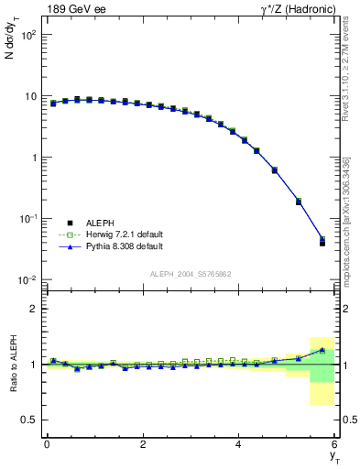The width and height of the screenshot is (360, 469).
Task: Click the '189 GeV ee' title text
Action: click(71, 8)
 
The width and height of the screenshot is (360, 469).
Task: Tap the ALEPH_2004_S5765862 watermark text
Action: click(190, 274)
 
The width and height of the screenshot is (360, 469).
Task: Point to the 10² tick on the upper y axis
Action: click(28, 35)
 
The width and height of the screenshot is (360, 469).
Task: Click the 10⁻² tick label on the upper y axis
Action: click(27, 279)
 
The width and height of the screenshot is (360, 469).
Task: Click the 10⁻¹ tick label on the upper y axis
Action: click(27, 218)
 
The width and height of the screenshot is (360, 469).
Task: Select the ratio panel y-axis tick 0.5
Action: click(29, 420)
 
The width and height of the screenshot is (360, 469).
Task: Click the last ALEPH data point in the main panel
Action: click(322, 243)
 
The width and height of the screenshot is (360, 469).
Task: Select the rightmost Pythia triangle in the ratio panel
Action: click(322, 350)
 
